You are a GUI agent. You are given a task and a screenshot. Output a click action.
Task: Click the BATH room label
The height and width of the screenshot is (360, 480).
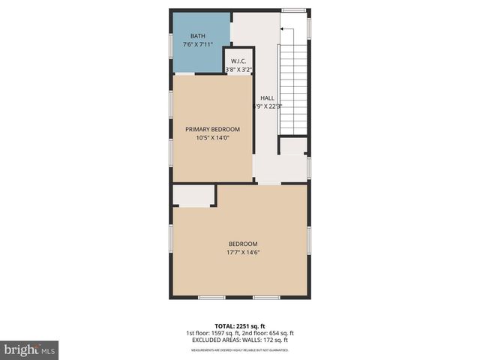coord(198,36)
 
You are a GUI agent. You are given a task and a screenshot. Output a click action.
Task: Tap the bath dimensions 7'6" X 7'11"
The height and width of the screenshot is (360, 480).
coord(198,45)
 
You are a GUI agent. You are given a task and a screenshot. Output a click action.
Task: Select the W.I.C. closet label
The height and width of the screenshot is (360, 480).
coord(239,61)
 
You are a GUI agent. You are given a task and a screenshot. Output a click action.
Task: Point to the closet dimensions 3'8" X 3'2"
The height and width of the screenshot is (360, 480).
coord(239,70)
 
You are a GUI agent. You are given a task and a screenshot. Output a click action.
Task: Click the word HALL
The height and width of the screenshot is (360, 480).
coord(267,98)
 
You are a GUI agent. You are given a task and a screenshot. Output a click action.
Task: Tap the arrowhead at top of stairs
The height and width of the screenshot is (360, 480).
coord(282,30)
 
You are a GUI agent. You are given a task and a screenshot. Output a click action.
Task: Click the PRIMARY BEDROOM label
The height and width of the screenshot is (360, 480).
coord(212,129)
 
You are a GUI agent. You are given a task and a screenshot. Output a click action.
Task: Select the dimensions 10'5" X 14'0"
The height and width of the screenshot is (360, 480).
coord(212,138)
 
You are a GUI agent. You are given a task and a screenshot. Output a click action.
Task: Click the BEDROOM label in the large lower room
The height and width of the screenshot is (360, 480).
coord(242,244)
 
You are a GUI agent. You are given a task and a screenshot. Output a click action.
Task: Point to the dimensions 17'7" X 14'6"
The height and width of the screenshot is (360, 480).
coord(242,253)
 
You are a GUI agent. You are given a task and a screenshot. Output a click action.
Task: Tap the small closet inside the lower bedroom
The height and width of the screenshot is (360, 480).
coord(194,196)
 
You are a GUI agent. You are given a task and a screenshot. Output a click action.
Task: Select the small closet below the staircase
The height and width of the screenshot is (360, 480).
coord(293,145)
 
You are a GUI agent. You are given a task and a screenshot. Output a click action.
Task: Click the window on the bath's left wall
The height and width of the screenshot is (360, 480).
coord(172,44)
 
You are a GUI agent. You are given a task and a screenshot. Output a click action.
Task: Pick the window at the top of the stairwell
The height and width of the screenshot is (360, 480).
coord(293,10)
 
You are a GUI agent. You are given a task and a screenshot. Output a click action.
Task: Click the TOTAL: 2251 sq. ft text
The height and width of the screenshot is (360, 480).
coord(240,326)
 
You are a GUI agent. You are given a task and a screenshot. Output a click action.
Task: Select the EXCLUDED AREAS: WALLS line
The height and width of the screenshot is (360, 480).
coord(240,340)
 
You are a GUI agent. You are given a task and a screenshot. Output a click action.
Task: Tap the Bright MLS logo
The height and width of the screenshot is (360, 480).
coord(30,349)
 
